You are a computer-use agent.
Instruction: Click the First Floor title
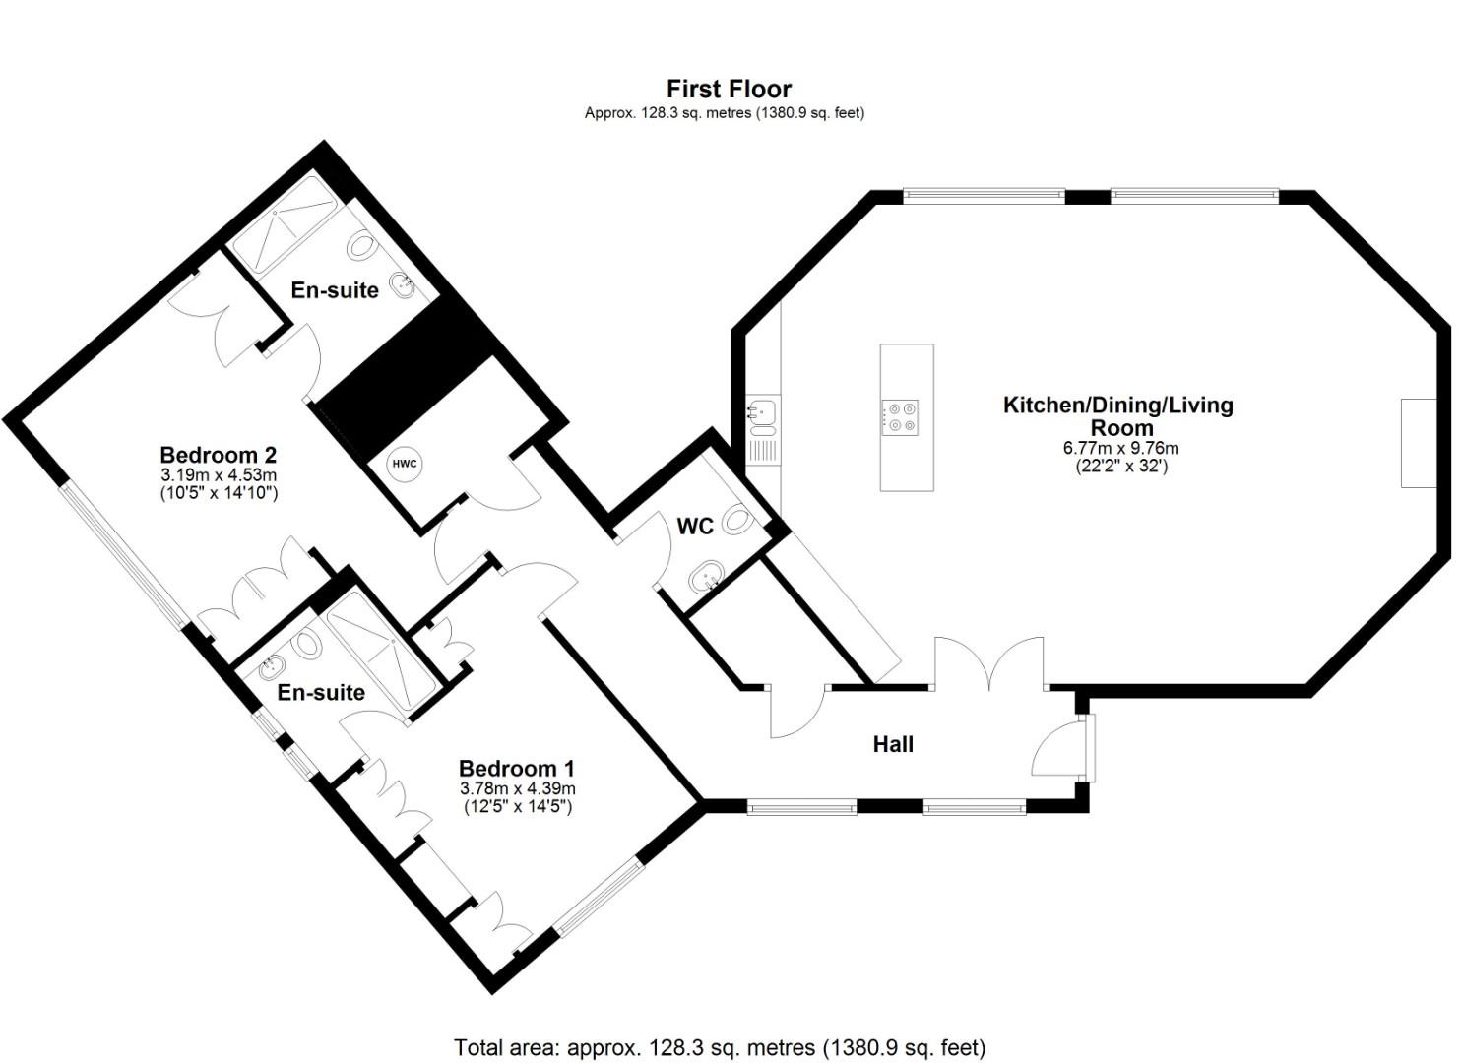pos(729,90)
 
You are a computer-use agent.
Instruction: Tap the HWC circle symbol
pos(405,464)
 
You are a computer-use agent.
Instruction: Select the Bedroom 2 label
pos(218,455)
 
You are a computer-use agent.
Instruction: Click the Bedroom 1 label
pos(517,768)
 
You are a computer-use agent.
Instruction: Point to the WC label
pos(695,527)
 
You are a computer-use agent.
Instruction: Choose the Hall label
pos(893,744)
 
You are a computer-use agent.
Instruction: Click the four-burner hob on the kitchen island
pos(901,416)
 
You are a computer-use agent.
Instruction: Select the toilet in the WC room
pos(737,521)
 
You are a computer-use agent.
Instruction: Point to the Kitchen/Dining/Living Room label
pos(1117,415)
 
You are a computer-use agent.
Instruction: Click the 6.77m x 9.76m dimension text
pos(1120,448)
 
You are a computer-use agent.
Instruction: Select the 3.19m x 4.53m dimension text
pos(219,475)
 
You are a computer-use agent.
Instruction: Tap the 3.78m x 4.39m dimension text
pos(517,788)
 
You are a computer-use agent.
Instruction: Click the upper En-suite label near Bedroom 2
pos(335,290)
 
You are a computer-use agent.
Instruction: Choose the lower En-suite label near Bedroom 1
pos(321,692)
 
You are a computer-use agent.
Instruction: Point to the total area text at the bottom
pos(719,1047)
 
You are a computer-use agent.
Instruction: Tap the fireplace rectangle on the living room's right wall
pos(1419,443)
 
